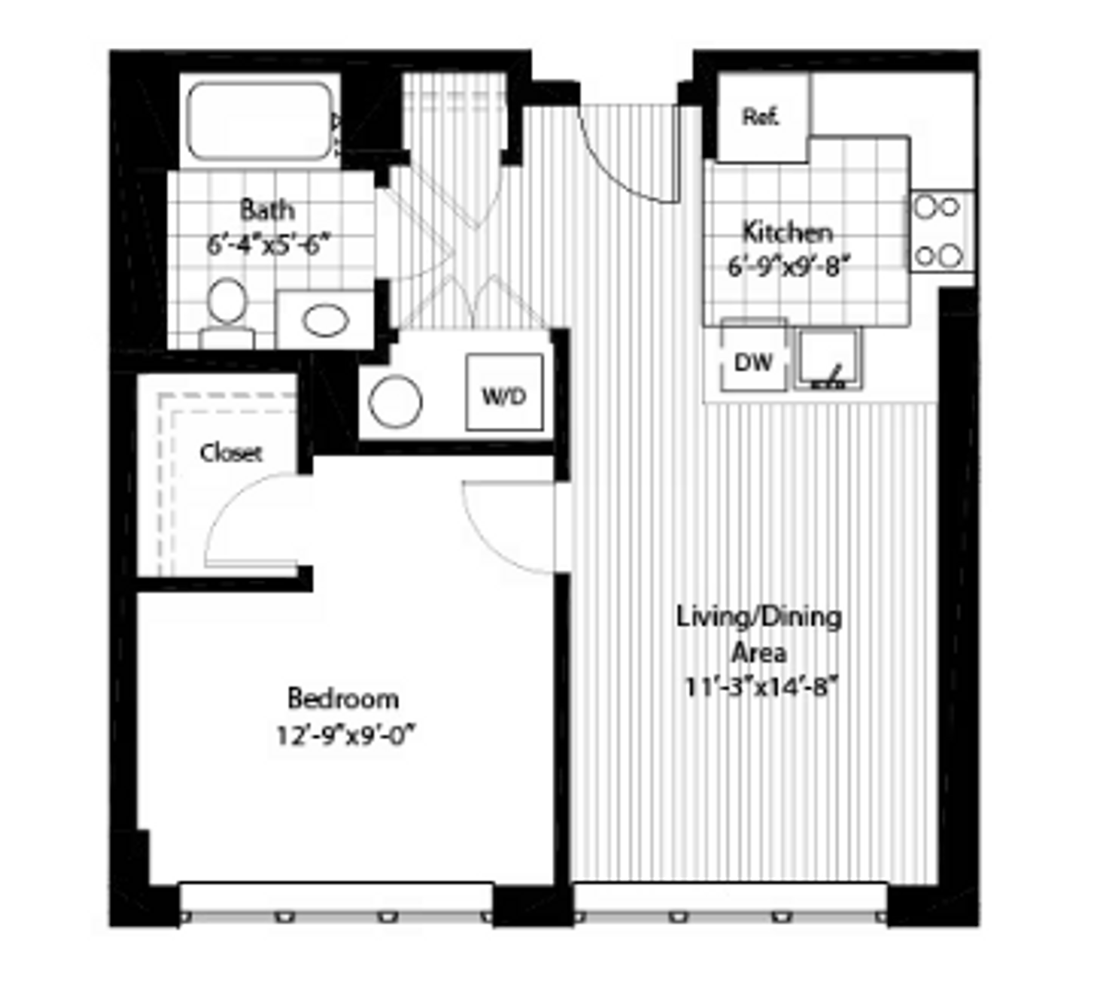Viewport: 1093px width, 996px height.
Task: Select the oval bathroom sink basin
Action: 327,321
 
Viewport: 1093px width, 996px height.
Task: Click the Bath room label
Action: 267,209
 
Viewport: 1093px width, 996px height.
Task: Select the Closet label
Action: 231,453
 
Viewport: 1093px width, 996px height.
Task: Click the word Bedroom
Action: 343,698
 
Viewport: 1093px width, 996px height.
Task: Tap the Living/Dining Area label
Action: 759,634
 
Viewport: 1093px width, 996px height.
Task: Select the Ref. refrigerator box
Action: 762,117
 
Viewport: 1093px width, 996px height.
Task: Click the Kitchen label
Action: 787,231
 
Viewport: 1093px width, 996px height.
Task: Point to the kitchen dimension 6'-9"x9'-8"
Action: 787,267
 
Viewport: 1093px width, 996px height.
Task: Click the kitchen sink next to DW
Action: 827,359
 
